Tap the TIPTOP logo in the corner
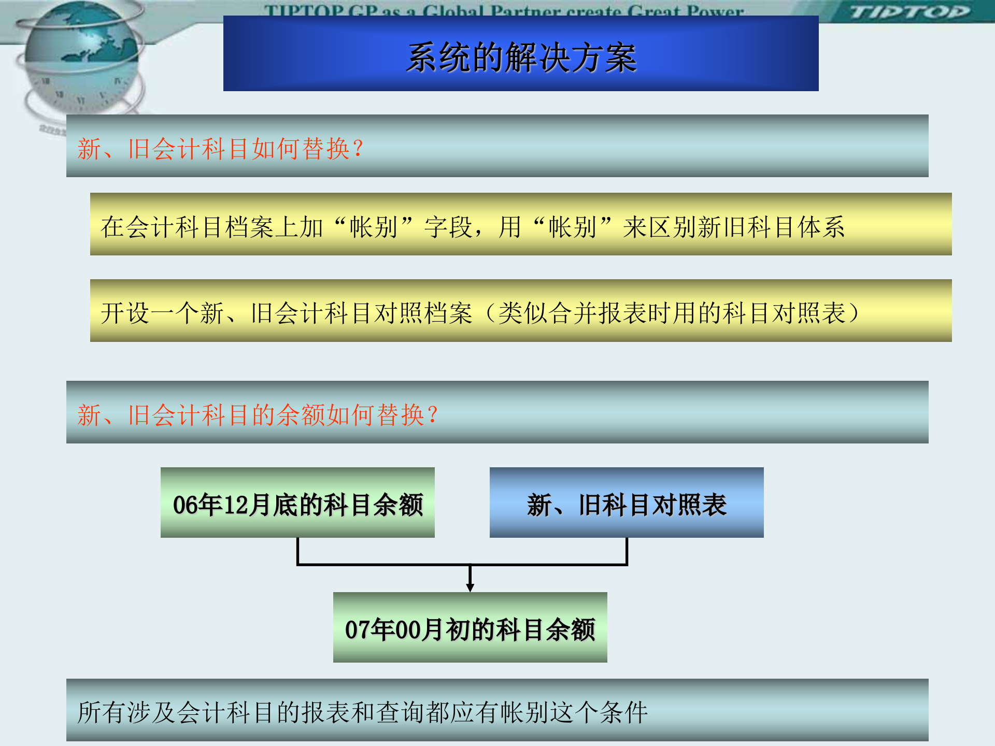pos(909,11)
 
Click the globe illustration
pos(80,57)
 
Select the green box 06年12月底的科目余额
pos(297,503)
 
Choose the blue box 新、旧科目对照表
pos(627,503)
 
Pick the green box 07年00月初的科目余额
pos(470,628)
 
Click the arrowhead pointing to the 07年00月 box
pos(470,587)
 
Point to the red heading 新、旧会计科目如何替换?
pos(220,149)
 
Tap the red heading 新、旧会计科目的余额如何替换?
pos(258,415)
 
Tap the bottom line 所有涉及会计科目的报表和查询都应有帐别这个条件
pos(363,712)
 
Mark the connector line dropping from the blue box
pos(627,551)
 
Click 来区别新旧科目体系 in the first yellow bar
pos(733,227)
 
